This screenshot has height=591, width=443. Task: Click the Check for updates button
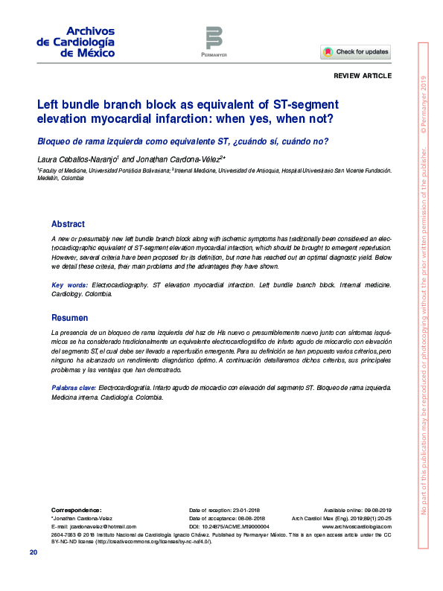point(356,52)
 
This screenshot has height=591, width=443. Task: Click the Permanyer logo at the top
point(214,40)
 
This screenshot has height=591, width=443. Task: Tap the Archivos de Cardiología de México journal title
point(75,42)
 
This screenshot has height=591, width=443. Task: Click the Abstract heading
point(68,224)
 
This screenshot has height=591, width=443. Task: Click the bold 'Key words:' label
point(69,285)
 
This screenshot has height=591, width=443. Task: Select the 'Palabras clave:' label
point(73,389)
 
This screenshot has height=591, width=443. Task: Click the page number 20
point(34,552)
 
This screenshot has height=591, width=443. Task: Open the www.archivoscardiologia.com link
point(356,526)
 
